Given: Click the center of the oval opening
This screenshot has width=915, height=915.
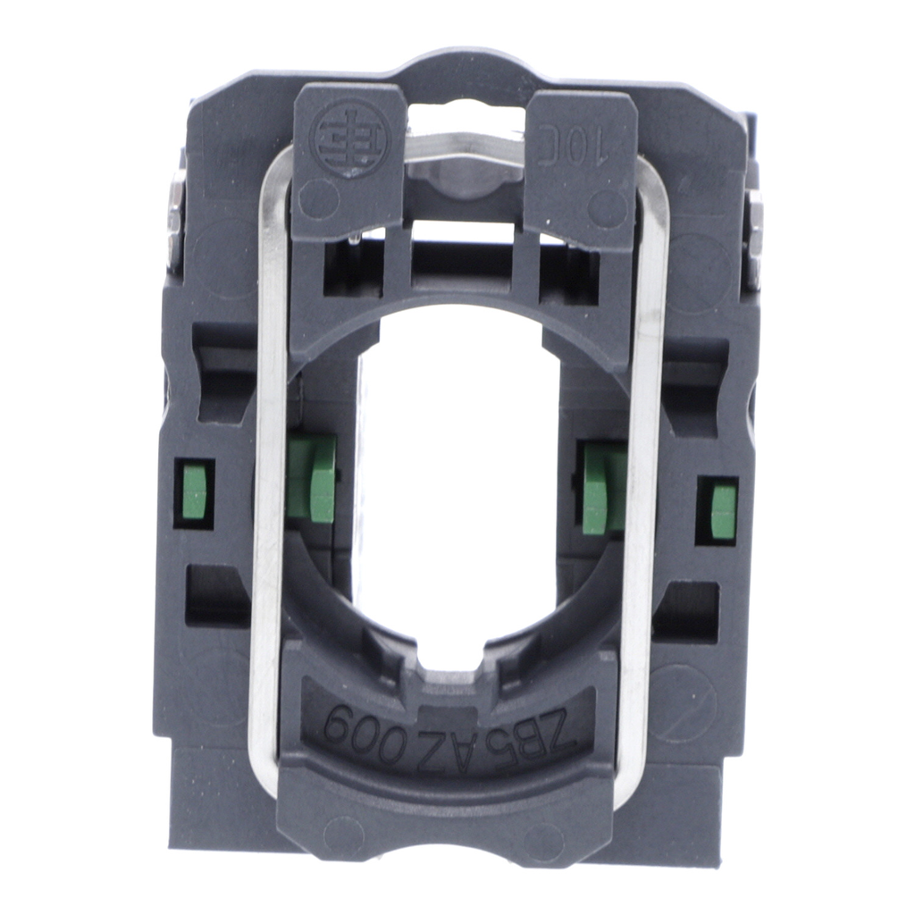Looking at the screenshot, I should (x=457, y=465).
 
